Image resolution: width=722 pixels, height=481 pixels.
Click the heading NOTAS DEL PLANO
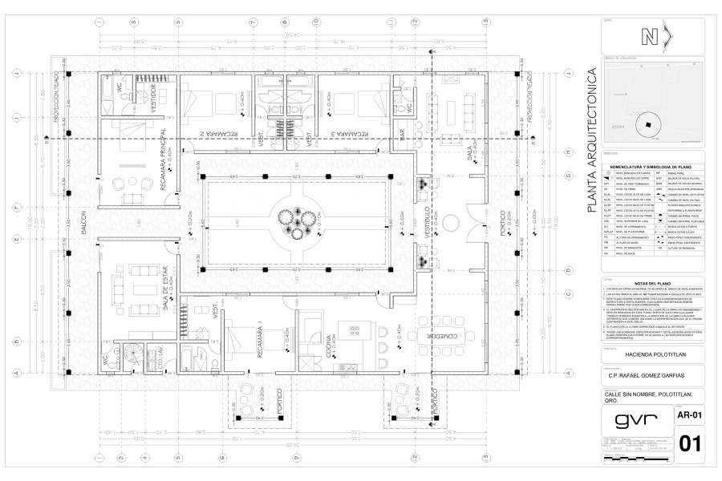pos(651,283)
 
